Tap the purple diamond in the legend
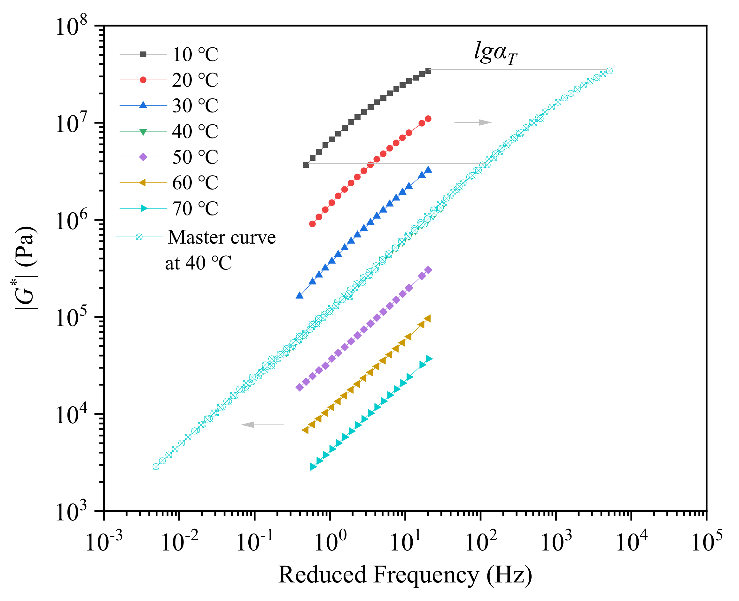(143, 157)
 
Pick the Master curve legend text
(222, 238)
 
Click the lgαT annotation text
(495, 53)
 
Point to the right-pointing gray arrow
(473, 122)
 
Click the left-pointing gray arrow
(262, 425)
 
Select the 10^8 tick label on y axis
(71, 26)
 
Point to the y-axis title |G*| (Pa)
(25, 268)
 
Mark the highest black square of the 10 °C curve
(428, 71)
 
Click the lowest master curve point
(156, 467)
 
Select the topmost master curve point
(610, 71)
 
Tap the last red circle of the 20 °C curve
(428, 119)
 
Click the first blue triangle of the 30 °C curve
(299, 296)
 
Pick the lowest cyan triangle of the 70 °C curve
(313, 467)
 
